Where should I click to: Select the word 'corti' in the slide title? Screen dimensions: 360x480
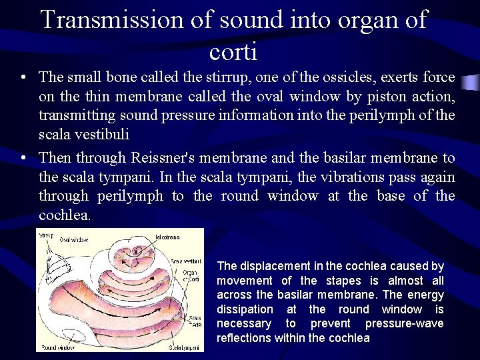[x=233, y=51]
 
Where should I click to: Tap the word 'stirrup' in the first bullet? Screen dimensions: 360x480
[x=192, y=77]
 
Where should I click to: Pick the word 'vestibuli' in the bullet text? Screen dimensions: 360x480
[x=101, y=134]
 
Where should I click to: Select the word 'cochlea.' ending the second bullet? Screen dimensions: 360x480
[x=63, y=215]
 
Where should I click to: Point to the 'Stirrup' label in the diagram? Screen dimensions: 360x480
[x=46, y=235]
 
